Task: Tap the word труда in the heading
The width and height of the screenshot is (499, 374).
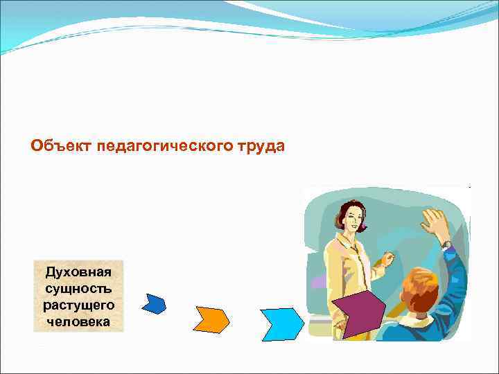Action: tap(261, 146)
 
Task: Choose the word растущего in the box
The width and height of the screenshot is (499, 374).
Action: tap(78, 305)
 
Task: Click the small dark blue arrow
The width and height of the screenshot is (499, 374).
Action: tap(154, 303)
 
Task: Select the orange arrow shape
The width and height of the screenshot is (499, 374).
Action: tap(212, 319)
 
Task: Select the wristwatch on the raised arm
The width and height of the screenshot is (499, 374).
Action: tap(446, 244)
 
